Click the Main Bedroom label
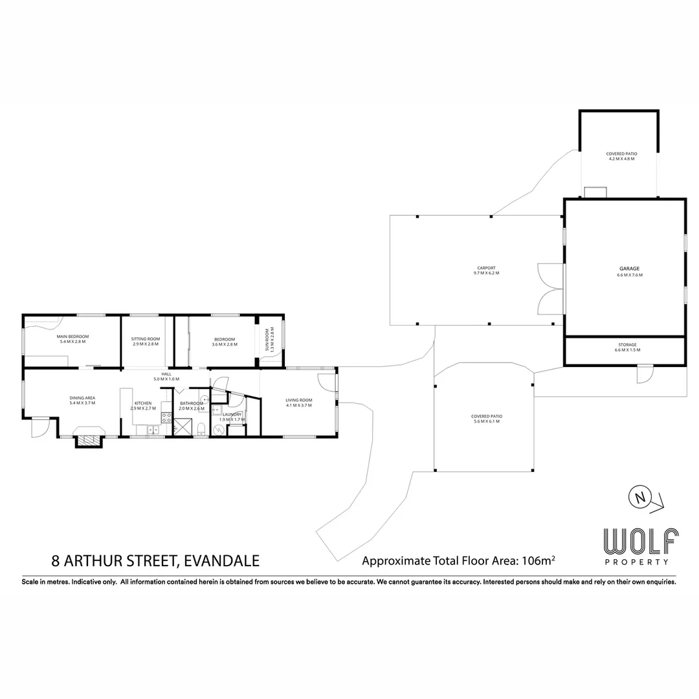pyautogui.click(x=72, y=337)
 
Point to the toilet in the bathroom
pyautogui.click(x=201, y=428)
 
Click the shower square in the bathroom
pyautogui.click(x=183, y=426)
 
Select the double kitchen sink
pyautogui.click(x=153, y=429)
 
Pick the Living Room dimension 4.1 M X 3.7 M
pyautogui.click(x=299, y=406)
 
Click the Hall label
pyautogui.click(x=166, y=374)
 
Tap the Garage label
pyautogui.click(x=628, y=268)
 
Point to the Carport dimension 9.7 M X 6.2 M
pyautogui.click(x=486, y=273)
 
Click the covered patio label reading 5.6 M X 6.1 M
pyautogui.click(x=487, y=421)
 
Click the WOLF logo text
pyautogui.click(x=641, y=540)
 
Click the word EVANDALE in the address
pyautogui.click(x=222, y=560)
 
